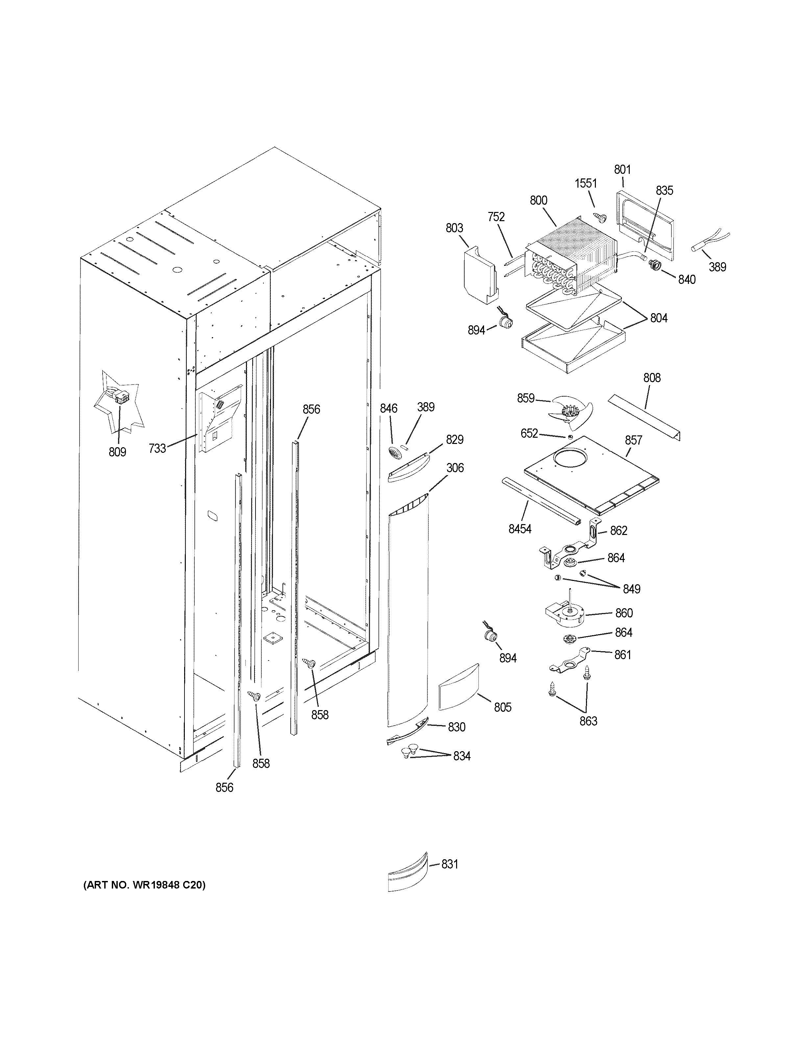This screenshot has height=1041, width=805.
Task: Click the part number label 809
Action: coord(117,452)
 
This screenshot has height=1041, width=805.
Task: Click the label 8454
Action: coord(520,529)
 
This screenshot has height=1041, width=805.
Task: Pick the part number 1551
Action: coord(586,183)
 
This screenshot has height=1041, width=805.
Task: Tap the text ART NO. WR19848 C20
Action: coord(144,885)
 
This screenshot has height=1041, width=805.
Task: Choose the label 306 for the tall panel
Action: coord(455,468)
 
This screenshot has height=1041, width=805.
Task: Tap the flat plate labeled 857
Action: coord(591,477)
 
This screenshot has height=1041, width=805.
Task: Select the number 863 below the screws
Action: coord(588,721)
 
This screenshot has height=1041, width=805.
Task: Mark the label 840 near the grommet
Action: coord(687,280)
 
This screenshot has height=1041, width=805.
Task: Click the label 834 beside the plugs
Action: coord(462,756)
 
